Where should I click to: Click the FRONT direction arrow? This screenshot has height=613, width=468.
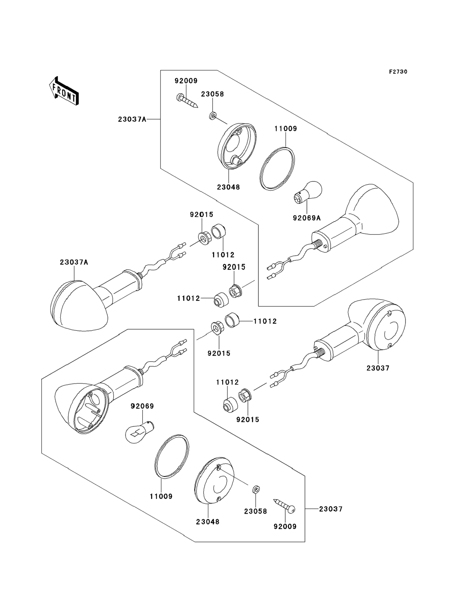(64, 91)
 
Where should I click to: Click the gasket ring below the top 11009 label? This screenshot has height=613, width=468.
(277, 169)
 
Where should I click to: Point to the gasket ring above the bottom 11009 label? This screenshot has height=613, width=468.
(171, 457)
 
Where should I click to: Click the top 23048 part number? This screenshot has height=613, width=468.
(229, 187)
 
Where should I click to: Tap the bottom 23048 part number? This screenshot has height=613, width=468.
(208, 522)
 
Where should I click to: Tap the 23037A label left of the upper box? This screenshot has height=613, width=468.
(132, 119)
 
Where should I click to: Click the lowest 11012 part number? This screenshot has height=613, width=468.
(227, 382)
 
